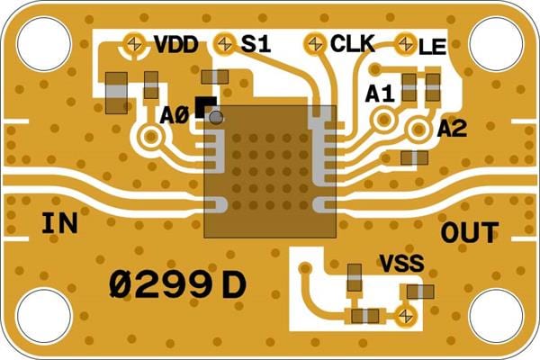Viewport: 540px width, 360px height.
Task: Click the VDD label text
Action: pyautogui.click(x=175, y=44)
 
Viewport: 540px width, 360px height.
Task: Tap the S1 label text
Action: pyautogui.click(x=256, y=43)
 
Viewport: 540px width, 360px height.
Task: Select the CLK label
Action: pyautogui.click(x=353, y=43)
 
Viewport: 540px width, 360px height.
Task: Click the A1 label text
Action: pyautogui.click(x=380, y=93)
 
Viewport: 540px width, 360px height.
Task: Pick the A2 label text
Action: pyautogui.click(x=452, y=130)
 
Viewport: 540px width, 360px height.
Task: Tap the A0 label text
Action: pyautogui.click(x=175, y=116)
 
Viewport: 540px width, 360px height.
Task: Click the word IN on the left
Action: pyautogui.click(x=60, y=224)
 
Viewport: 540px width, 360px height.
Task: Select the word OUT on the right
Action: pyautogui.click(x=468, y=232)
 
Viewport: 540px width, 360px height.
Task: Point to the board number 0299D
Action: pyautogui.click(x=176, y=285)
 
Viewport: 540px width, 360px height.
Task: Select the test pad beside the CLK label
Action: pyautogui.click(x=316, y=42)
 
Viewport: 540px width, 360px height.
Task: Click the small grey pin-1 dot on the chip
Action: pyautogui.click(x=216, y=116)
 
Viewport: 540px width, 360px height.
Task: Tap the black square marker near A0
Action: pyautogui.click(x=204, y=106)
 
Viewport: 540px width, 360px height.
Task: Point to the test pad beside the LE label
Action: pyautogui.click(x=406, y=42)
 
